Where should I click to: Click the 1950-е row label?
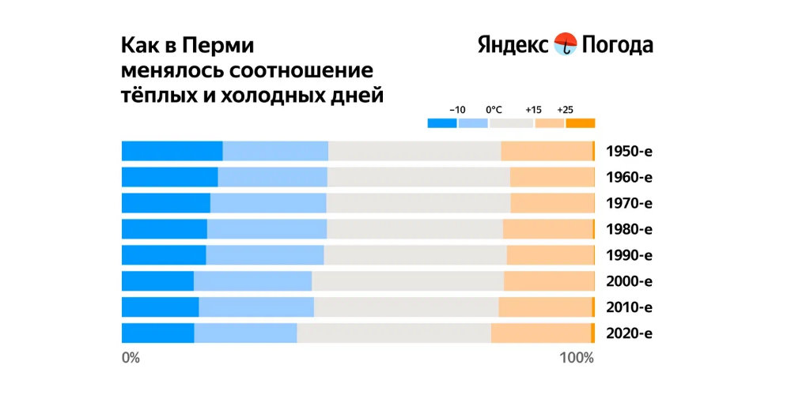pyautogui.click(x=628, y=151)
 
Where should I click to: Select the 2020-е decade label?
pyautogui.click(x=628, y=333)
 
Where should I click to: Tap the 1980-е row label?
pyautogui.click(x=628, y=229)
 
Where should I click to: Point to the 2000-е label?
pyautogui.click(x=628, y=281)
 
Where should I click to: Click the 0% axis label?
pyautogui.click(x=131, y=358)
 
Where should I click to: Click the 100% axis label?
pyautogui.click(x=577, y=358)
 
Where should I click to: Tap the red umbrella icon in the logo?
pyautogui.click(x=566, y=44)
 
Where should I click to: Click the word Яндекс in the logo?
pyautogui.click(x=513, y=45)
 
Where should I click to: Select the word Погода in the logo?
pyautogui.click(x=618, y=46)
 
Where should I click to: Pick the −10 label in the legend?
pyautogui.click(x=457, y=110)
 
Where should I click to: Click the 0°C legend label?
pyautogui.click(x=494, y=110)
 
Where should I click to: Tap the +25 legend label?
pyautogui.click(x=565, y=110)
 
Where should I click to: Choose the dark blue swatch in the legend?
pyautogui.click(x=442, y=122)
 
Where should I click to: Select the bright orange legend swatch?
pyautogui.click(x=580, y=122)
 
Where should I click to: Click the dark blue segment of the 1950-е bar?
pyautogui.click(x=172, y=151)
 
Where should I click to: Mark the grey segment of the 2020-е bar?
pyautogui.click(x=393, y=333)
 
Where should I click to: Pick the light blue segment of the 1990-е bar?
pyautogui.click(x=264, y=255)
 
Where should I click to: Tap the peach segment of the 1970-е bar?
pyautogui.click(x=551, y=203)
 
